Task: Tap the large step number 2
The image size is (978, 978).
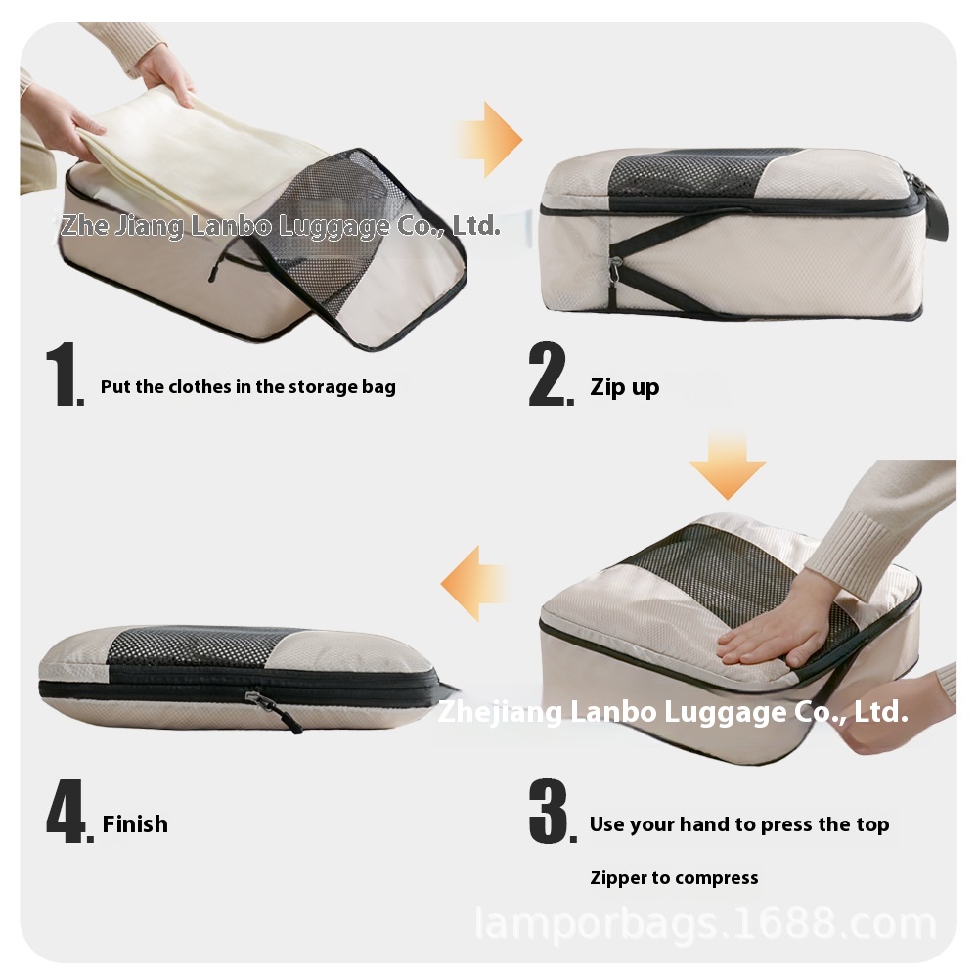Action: [550, 374]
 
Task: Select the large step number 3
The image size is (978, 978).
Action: [552, 811]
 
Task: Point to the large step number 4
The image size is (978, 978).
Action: [68, 811]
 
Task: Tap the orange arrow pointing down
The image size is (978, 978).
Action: [728, 465]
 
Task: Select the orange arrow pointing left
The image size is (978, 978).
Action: [474, 584]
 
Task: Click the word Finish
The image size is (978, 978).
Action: [135, 823]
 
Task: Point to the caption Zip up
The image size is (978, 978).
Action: [624, 387]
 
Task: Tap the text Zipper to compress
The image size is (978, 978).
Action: [674, 878]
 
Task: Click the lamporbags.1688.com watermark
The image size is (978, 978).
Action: [706, 923]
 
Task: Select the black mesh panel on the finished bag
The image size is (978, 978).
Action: [200, 646]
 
